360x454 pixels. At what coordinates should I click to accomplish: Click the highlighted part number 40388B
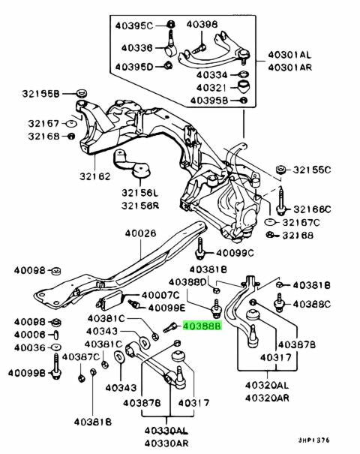tap(202, 326)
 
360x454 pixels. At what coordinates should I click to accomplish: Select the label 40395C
tap(133, 26)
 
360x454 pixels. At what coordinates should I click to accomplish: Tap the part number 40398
tap(202, 24)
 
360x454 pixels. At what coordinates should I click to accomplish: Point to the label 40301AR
tap(289, 68)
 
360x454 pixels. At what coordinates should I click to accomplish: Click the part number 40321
tap(211, 88)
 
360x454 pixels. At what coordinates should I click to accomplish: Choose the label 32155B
tap(40, 94)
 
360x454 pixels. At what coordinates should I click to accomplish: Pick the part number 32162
tap(95, 176)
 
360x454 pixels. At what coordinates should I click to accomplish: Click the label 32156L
tap(140, 193)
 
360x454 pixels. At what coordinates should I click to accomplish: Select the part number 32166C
tap(312, 209)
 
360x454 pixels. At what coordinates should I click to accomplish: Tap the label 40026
tap(141, 233)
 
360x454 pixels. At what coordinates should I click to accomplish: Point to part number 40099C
tap(235, 253)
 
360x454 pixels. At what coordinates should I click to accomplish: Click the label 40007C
tap(160, 296)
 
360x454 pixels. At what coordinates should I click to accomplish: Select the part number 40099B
tap(26, 373)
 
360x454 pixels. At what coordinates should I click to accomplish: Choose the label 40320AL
tap(267, 386)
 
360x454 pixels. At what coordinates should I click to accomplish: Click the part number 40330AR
tap(166, 443)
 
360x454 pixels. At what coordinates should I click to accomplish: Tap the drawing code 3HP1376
tap(314, 440)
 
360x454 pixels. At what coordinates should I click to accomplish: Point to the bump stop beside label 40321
tap(244, 86)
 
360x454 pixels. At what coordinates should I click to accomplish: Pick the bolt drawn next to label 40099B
tap(56, 366)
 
